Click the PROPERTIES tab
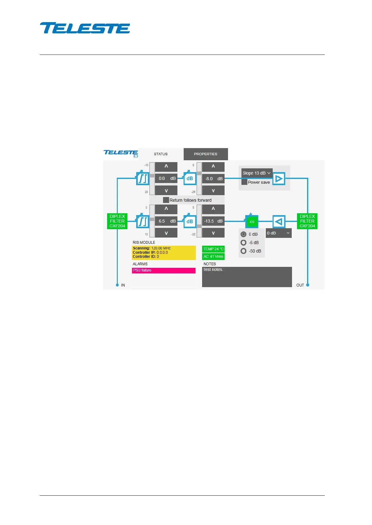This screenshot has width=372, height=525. coord(206,154)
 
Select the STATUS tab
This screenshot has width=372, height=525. coord(161,154)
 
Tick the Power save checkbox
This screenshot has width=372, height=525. coord(244,182)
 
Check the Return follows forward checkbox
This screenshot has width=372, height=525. coord(166,200)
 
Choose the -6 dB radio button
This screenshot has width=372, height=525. coord(244,243)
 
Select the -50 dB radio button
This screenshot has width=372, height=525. coord(244,251)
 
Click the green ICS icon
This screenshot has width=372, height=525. coord(252,222)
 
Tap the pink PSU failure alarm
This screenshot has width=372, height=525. coord(164,270)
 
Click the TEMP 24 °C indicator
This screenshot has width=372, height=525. coord(213,249)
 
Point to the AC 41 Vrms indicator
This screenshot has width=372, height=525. coord(213,257)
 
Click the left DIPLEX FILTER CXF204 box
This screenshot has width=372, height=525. coord(117,221)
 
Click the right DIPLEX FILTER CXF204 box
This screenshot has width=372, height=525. coord(307,221)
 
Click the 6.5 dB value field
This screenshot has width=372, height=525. coord(166,221)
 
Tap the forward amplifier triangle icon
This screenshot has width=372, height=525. coord(279,179)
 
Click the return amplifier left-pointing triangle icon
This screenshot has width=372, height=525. coord(279,222)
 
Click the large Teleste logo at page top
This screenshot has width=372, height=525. coord(85,28)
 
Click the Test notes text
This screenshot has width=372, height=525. coord(213,270)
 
